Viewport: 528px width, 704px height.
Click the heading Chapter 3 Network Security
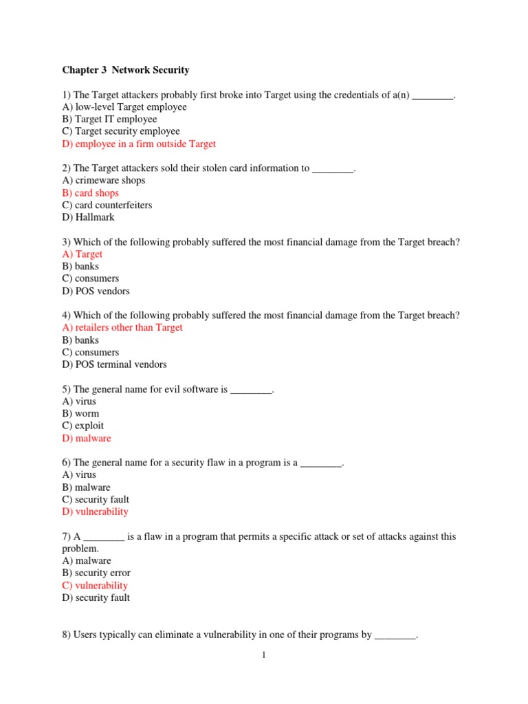(126, 70)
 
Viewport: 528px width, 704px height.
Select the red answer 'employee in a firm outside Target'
(139, 144)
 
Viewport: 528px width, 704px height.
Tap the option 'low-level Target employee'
(124, 107)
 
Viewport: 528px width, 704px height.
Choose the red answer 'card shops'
(90, 193)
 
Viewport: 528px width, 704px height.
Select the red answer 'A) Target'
(82, 254)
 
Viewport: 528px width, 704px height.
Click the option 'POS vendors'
(96, 291)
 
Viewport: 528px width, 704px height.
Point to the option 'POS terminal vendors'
(114, 364)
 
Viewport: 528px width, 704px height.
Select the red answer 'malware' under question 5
(86, 439)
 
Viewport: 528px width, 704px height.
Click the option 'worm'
(80, 414)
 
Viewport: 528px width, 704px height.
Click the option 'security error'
(96, 573)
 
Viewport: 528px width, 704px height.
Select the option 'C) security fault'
(96, 500)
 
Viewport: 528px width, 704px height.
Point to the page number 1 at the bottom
(263, 655)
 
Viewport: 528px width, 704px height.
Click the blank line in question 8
(395, 635)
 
